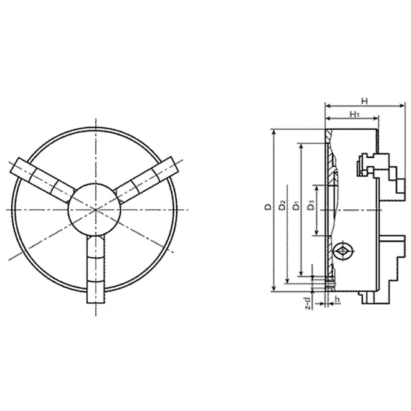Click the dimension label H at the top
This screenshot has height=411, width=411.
tap(365, 100)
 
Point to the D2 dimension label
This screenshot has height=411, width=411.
tap(281, 206)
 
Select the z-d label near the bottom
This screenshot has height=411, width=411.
tap(308, 303)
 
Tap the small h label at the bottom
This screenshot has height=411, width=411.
tap(336, 300)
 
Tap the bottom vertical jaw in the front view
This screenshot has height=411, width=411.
tap(96, 269)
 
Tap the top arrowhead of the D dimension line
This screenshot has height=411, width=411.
tap(273, 133)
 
